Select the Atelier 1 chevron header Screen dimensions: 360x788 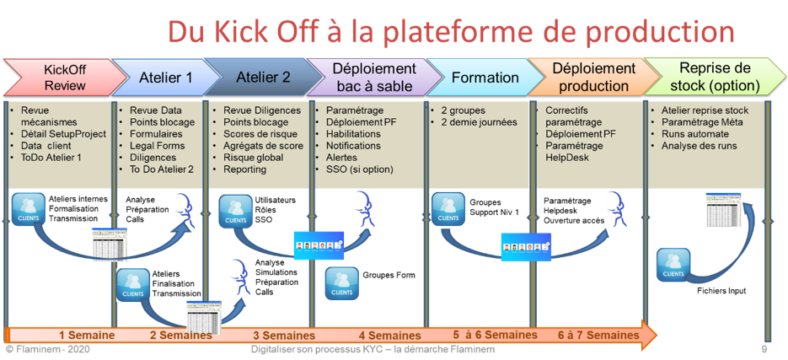point(164,78)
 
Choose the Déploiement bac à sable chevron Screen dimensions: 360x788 point(374,77)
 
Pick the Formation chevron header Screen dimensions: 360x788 point(485,78)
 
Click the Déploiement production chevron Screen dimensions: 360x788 point(594,77)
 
